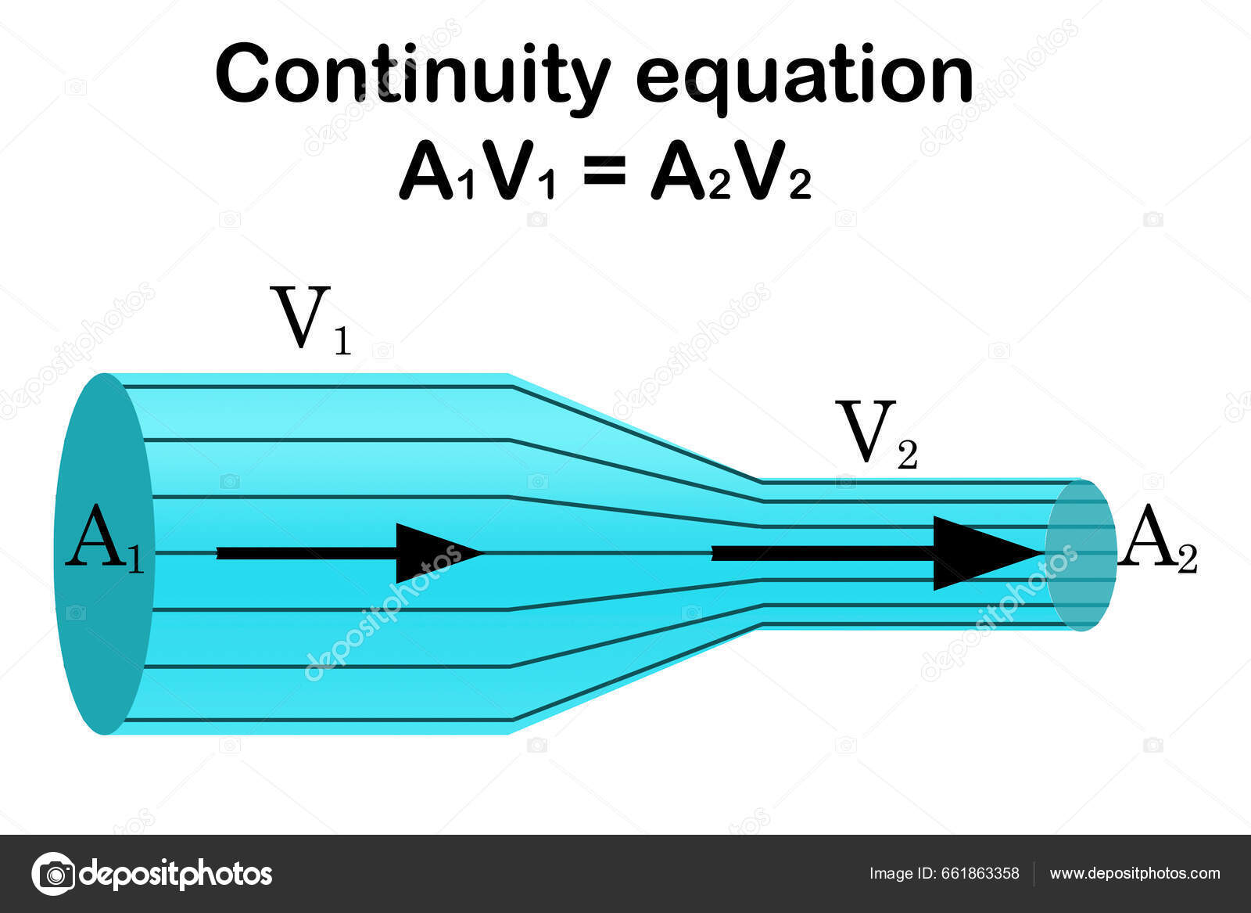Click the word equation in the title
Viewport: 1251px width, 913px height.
[x=805, y=77]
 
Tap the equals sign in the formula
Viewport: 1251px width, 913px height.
[x=604, y=171]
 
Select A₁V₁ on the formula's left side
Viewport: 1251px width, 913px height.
[x=478, y=173]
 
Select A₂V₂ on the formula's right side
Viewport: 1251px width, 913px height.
[x=731, y=173]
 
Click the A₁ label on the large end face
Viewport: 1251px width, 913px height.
[x=104, y=538]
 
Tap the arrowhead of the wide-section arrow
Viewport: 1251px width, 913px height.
[x=434, y=553]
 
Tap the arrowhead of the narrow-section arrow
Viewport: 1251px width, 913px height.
[x=981, y=553]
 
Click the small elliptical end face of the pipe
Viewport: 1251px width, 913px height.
[x=1081, y=555]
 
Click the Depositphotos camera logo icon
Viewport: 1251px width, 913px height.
[x=53, y=873]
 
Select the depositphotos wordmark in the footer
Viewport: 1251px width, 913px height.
[x=176, y=873]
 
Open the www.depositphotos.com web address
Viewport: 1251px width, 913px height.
[x=1135, y=874]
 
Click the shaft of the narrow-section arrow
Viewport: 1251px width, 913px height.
[x=821, y=553]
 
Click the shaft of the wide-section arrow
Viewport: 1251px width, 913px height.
[x=305, y=553]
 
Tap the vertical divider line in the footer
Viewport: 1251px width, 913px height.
[x=1034, y=874]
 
